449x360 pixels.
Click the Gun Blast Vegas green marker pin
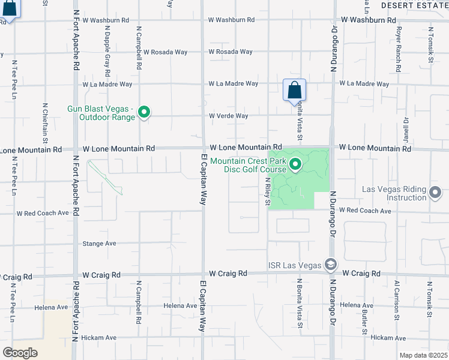pos(144,112)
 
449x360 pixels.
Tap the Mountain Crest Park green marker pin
pos(295,164)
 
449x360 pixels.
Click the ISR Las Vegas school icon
pos(330,265)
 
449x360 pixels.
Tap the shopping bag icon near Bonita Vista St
pos(294,91)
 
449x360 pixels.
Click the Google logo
pos(20,353)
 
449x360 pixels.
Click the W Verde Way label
pos(228,116)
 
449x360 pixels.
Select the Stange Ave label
pos(99,244)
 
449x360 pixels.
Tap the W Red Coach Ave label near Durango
pos(365,211)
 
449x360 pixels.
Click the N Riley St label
pos(266,193)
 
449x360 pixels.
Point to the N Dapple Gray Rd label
pos(106,50)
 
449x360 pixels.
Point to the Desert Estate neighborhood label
pos(415,5)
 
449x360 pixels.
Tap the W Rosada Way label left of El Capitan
pos(165,52)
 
